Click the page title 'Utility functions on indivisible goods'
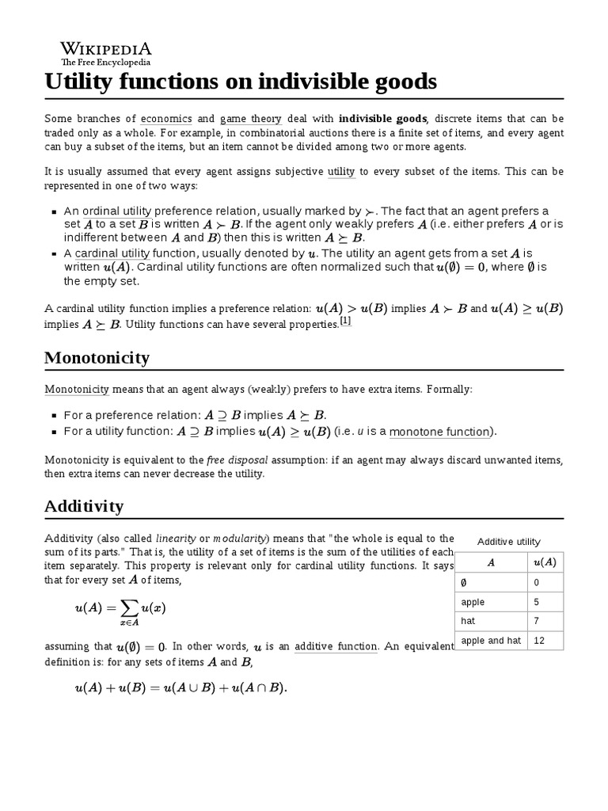(x=241, y=82)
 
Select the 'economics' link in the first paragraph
(x=165, y=118)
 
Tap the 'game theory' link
(x=250, y=118)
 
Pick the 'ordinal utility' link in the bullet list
(x=117, y=211)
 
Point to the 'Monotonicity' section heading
(x=97, y=357)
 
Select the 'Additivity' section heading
(x=84, y=505)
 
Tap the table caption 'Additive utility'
(x=509, y=542)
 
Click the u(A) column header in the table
(x=545, y=562)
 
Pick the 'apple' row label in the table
(x=473, y=602)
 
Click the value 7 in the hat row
(x=538, y=621)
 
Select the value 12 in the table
(x=539, y=640)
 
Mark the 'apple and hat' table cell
(x=491, y=640)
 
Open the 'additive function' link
(x=336, y=646)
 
